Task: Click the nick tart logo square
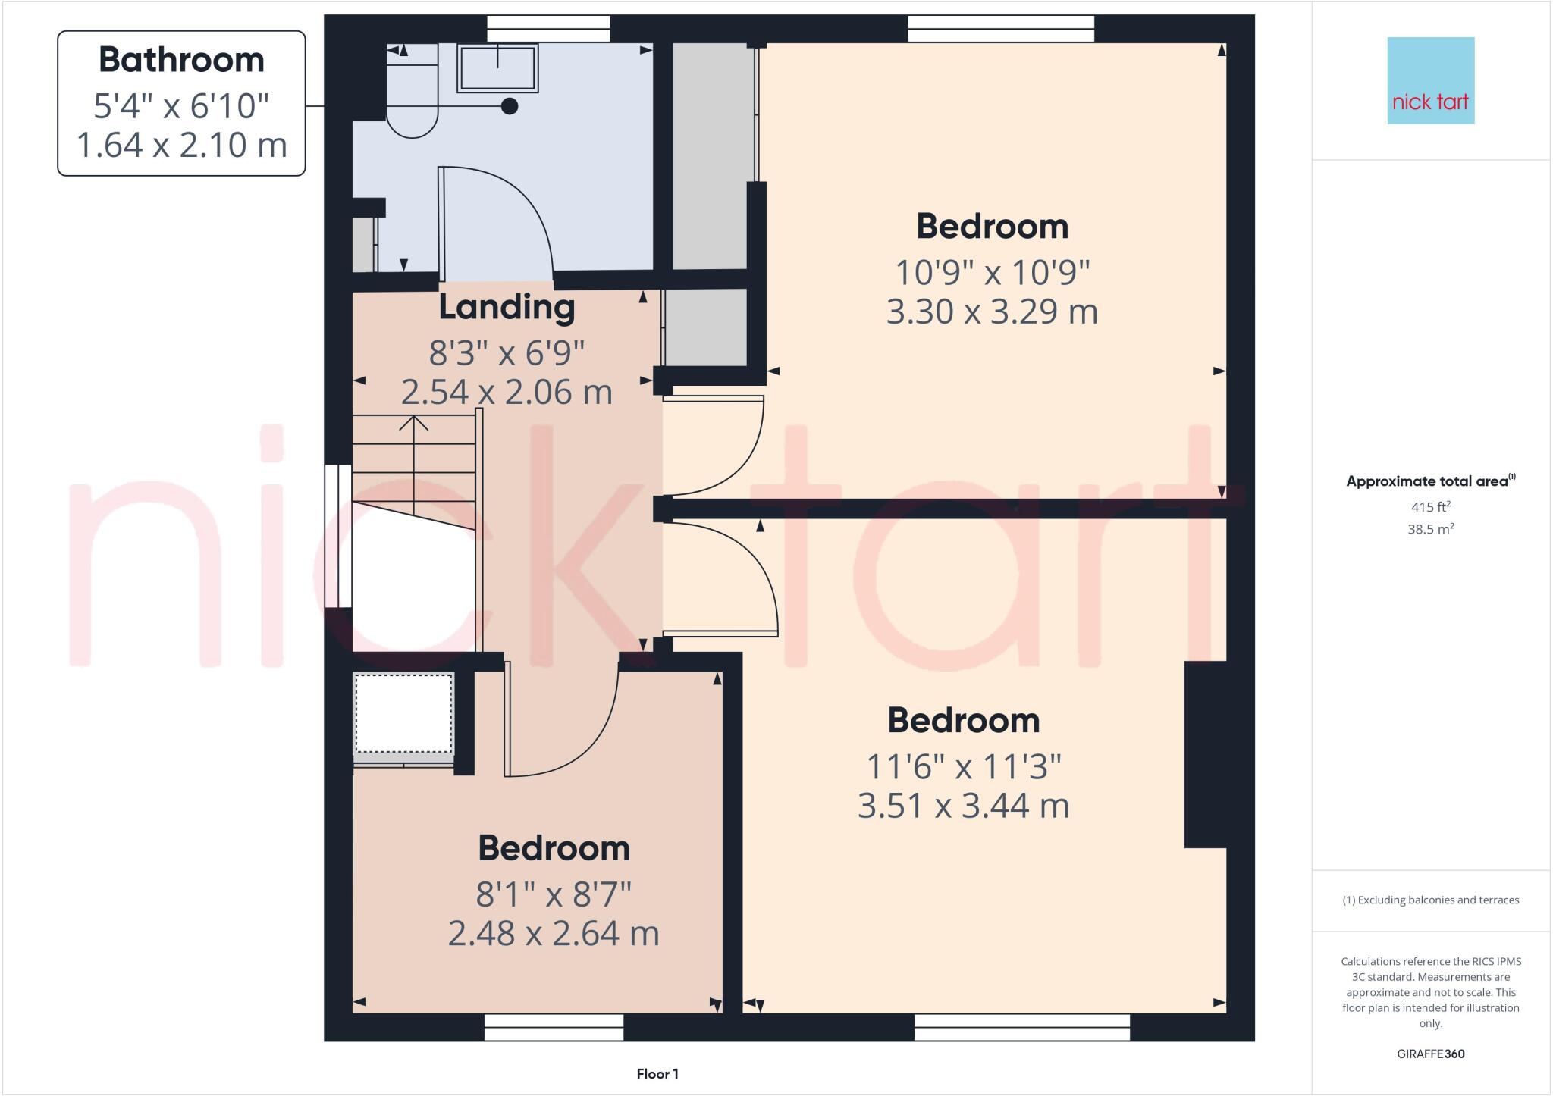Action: (1430, 80)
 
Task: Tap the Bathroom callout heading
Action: (181, 60)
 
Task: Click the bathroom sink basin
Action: (497, 68)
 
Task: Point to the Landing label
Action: (507, 308)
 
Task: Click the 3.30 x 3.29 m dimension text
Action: (992, 312)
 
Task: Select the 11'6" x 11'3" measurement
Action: (963, 767)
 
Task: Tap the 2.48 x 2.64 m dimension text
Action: (554, 933)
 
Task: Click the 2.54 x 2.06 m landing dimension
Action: (507, 392)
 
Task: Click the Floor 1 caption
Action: (657, 1074)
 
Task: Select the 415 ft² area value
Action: (1430, 507)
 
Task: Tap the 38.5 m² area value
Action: (1430, 529)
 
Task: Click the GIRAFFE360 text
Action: (1430, 1054)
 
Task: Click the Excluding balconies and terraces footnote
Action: (1430, 900)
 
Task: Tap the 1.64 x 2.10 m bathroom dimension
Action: (181, 145)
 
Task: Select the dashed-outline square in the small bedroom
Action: (403, 712)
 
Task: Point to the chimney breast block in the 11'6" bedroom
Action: (1206, 754)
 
